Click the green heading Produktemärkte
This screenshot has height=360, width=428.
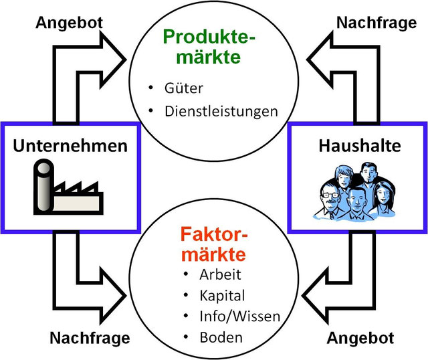[x=211, y=46]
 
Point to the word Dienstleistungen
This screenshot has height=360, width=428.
[x=221, y=110]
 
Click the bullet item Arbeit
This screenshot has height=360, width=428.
[x=220, y=274]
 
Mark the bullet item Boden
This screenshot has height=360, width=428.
[x=220, y=337]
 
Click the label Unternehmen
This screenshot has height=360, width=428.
[x=70, y=145]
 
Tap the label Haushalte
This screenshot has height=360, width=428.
[x=358, y=145]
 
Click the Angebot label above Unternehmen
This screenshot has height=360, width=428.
[x=69, y=22]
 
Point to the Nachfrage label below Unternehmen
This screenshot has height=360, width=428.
[x=90, y=337]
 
